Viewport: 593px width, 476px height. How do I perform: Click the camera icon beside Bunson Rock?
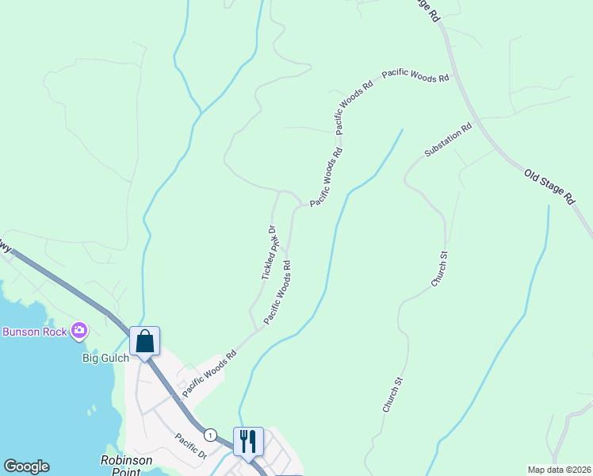pos(78,330)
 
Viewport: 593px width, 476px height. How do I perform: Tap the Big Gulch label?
pos(105,359)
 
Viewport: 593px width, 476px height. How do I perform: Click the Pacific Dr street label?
pos(191,447)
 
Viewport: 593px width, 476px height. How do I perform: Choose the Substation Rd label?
pos(448,139)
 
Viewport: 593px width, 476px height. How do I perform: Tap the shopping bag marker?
pos(145,342)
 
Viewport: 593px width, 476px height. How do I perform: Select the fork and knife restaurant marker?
pos(248,442)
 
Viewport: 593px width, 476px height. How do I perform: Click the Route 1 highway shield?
pos(209,435)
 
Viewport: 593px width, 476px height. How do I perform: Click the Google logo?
pos(26,466)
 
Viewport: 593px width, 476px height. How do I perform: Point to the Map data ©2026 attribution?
pos(559,470)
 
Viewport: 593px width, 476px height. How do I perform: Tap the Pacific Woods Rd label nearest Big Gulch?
pos(209,374)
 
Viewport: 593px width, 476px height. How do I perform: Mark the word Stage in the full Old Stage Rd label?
pos(549,185)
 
